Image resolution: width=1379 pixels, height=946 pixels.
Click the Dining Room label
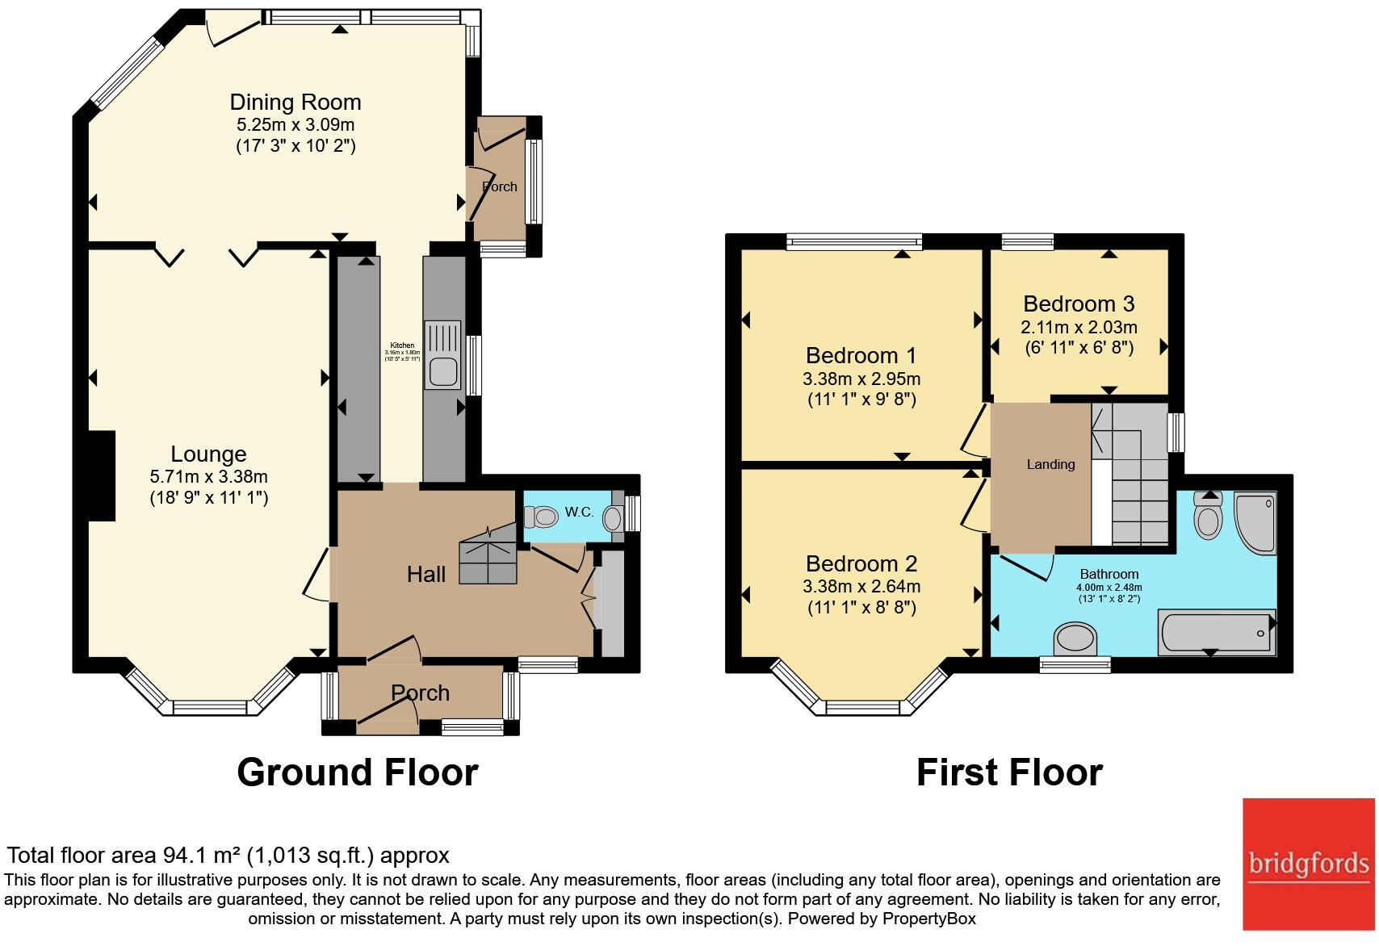(295, 103)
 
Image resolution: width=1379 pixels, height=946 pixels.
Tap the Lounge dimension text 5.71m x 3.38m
(208, 477)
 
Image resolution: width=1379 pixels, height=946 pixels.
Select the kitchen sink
(442, 356)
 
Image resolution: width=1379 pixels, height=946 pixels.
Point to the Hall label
(425, 574)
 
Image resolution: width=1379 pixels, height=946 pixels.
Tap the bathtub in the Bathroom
(1216, 632)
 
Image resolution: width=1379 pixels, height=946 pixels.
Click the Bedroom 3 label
(1079, 304)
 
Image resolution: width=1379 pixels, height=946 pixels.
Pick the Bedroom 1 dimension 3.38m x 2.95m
(861, 379)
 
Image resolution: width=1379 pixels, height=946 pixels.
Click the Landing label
(1050, 464)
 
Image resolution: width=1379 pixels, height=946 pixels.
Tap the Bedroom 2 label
(861, 563)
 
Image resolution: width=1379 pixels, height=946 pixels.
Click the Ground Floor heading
(358, 772)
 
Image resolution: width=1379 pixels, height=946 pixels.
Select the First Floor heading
(1009, 772)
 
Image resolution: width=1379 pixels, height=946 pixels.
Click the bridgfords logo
(1308, 864)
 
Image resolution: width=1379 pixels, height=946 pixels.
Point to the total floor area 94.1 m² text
(228, 855)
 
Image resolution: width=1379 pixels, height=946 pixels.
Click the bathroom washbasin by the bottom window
(1075, 638)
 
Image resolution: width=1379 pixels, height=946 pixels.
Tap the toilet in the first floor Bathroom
(1208, 517)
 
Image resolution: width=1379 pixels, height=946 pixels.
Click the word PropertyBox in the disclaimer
(928, 919)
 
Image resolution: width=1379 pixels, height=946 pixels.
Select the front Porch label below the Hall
(420, 693)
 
